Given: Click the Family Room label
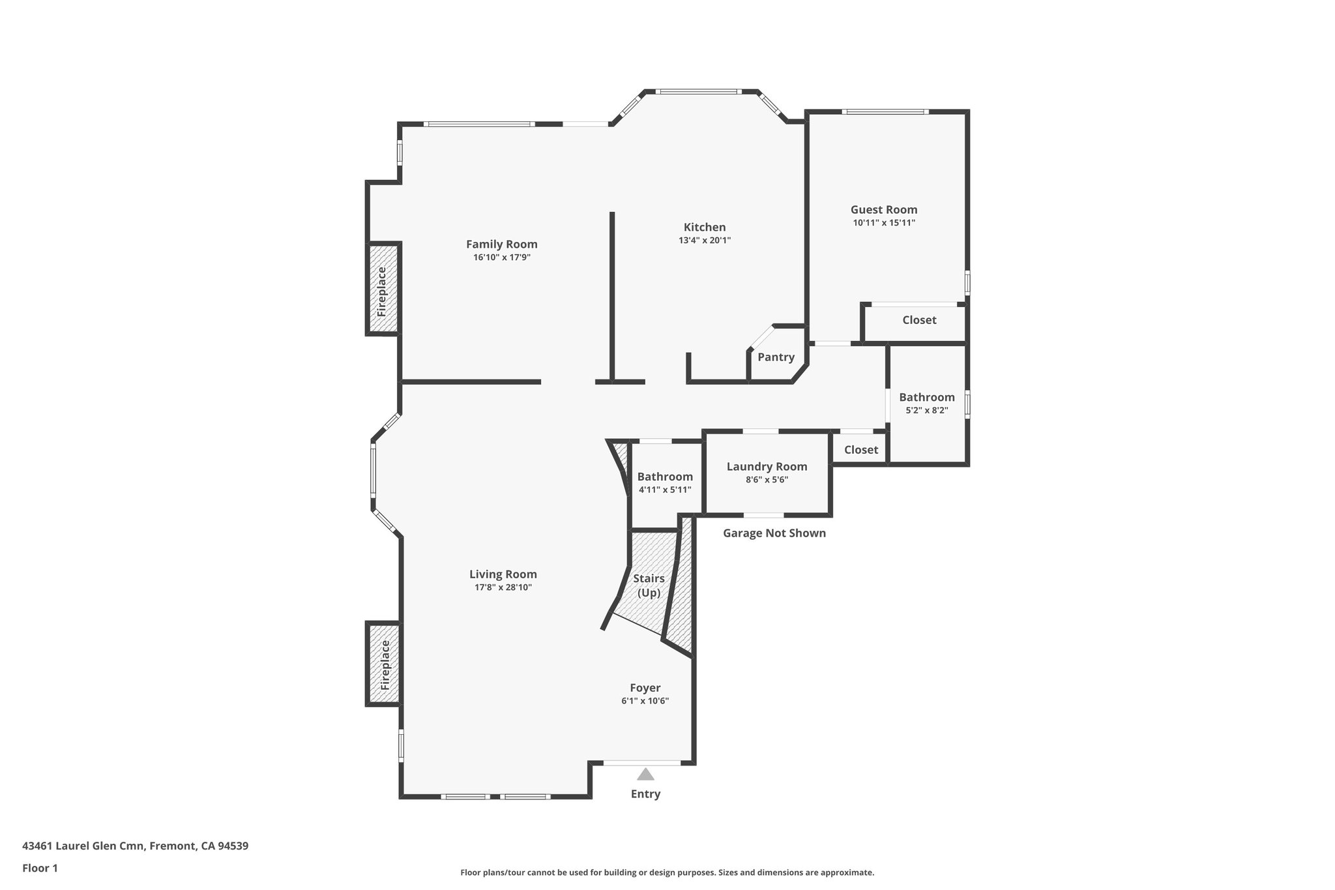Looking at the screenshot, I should tap(501, 245).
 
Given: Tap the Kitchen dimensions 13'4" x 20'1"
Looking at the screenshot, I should tap(704, 241).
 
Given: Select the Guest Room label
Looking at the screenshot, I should tap(883, 210).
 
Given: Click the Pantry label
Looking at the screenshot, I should tap(776, 357).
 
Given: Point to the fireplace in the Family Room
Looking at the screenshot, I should tap(383, 289).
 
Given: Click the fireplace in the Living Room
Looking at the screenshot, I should tap(384, 664).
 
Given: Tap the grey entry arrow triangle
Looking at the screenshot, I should tap(645, 774).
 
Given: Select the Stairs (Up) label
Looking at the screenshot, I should tap(649, 586).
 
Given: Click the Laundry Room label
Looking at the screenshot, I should tap(767, 467).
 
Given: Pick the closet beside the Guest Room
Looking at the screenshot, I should tap(918, 320).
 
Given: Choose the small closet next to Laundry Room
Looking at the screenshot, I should tap(860, 450).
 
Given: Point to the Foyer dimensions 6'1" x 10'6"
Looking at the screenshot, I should tap(645, 701).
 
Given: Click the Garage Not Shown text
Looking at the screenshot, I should tap(774, 533).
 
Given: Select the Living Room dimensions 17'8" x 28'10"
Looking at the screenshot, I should tap(503, 587).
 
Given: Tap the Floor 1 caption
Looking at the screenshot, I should tap(40, 868).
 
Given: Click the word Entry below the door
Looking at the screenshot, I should tap(645, 794).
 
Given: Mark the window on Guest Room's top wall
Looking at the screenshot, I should tap(885, 111).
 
